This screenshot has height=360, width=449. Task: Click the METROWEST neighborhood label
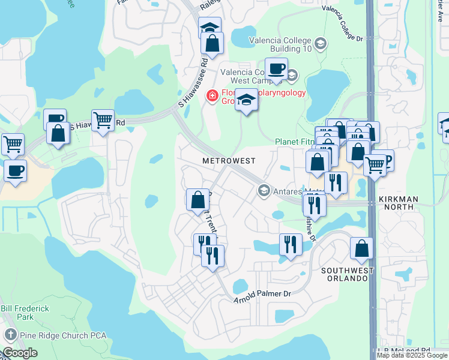pos(229,161)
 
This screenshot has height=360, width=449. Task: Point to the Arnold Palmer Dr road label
pos(262,295)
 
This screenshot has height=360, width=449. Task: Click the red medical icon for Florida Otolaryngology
pos(211,95)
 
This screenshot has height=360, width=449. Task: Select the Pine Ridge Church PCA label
pos(56,335)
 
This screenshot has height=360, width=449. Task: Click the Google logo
pos(20,353)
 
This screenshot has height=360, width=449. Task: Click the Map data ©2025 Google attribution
pos(412,355)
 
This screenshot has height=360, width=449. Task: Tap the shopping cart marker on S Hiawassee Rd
pos(103,121)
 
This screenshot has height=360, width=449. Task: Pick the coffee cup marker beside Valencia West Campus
pos(276,68)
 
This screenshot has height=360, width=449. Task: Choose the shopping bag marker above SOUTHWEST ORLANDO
pos(361,248)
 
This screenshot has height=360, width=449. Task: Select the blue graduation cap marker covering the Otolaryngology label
pos(246,100)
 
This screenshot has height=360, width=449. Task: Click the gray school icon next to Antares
pos(263,191)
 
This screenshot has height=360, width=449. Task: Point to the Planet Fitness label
pos(294,142)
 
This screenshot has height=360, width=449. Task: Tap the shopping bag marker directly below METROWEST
pos(198,200)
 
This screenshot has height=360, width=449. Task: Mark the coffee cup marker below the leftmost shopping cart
pos(15,170)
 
